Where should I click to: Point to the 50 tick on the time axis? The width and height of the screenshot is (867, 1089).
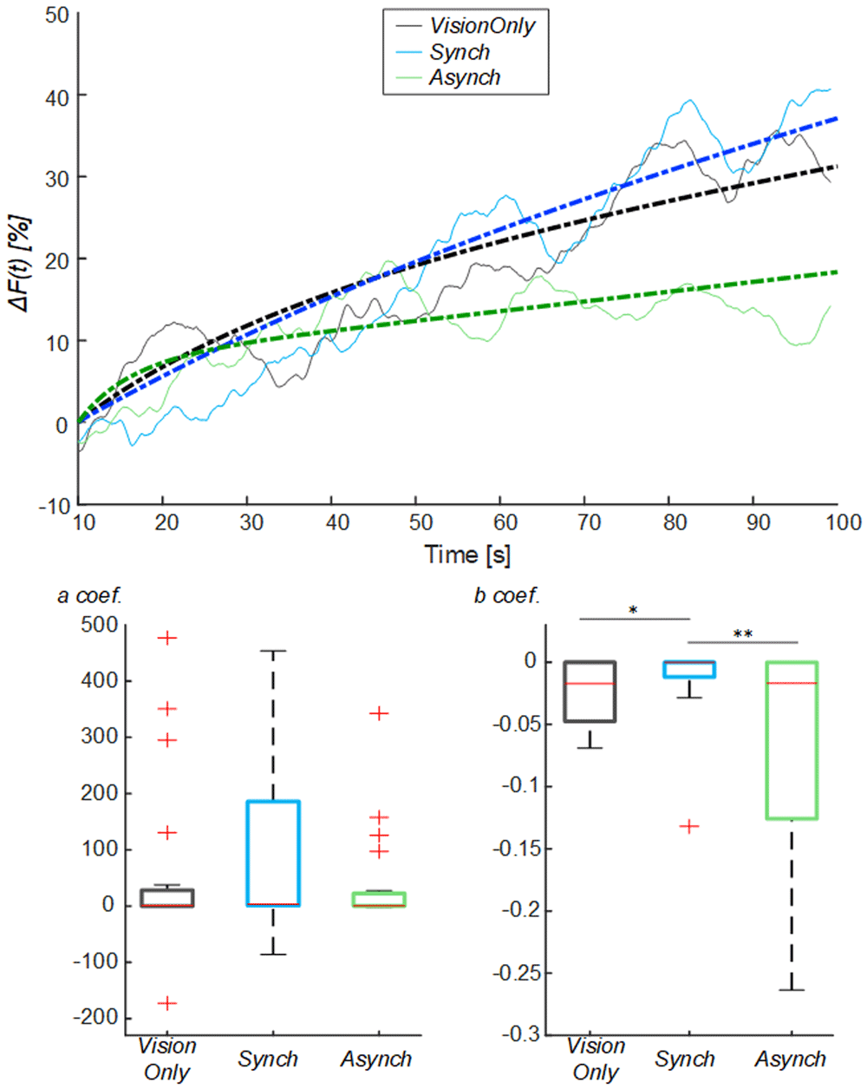421,522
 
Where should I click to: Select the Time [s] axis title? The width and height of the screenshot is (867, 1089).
467,554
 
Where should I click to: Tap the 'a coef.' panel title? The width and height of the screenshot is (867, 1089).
89,595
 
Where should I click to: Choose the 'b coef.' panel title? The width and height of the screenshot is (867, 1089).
507,595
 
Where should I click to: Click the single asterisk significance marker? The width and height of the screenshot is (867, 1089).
633,611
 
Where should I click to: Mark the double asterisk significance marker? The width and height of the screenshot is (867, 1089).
743,634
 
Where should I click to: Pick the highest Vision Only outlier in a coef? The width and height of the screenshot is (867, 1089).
167,638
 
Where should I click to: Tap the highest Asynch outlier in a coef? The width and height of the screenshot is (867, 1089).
379,713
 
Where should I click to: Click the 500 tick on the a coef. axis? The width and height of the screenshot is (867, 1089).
100,625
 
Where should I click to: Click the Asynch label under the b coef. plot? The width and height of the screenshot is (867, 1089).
790,1059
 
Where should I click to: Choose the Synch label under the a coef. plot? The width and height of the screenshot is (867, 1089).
268,1059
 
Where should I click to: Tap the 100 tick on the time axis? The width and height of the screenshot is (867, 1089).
844,522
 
